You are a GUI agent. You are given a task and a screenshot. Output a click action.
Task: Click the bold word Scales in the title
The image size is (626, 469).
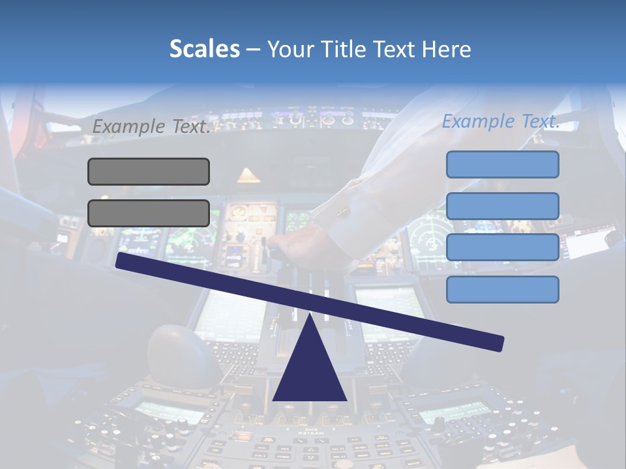point(204,50)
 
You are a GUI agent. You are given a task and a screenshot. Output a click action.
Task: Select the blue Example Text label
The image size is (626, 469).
point(501,121)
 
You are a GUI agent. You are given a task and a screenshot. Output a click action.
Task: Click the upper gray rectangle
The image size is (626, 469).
point(149,171)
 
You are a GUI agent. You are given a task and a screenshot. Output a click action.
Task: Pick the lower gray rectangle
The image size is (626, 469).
point(149,213)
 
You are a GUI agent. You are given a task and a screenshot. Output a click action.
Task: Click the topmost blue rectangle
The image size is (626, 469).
point(502,164)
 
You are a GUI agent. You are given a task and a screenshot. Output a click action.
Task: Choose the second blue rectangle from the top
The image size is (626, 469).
point(502,206)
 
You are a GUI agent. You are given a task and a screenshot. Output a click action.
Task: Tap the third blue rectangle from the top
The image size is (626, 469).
point(502,248)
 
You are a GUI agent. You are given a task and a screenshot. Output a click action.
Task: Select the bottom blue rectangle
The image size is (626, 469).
point(502,289)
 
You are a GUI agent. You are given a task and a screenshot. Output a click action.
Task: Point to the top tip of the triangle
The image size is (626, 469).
point(310,317)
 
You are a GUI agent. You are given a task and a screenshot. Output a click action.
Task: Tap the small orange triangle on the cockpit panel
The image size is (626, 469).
point(248,175)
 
